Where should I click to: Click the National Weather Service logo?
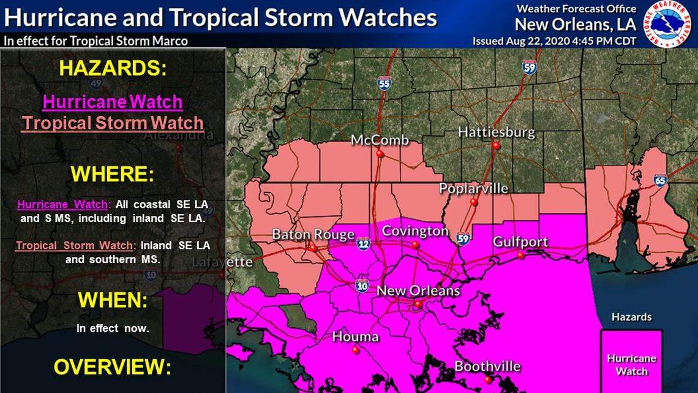tap(670, 24)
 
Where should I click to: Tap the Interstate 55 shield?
tap(385, 83)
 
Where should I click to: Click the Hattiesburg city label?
tap(496, 132)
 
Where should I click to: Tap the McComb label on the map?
tap(379, 140)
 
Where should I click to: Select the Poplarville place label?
tap(473, 188)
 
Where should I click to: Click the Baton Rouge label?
tap(313, 234)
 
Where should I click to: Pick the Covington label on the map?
tap(415, 231)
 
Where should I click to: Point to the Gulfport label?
tap(520, 242)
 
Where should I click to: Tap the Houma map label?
tap(355, 337)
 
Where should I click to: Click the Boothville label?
tap(487, 367)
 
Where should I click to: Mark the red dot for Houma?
tap(355, 349)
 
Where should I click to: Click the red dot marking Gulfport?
tap(520, 254)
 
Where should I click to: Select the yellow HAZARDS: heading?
tap(113, 69)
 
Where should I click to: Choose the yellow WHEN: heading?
tap(113, 300)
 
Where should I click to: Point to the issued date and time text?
tap(554, 41)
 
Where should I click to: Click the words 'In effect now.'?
tap(113, 329)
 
